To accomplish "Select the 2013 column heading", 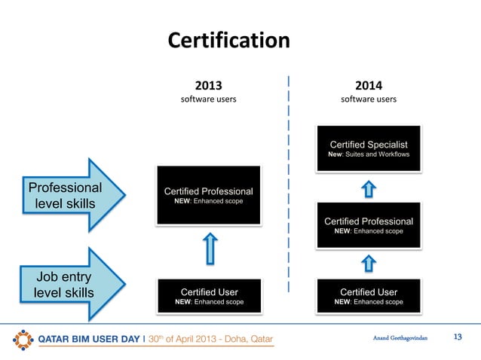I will (x=209, y=84).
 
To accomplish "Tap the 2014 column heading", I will (x=369, y=84).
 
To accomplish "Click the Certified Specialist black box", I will (x=369, y=148).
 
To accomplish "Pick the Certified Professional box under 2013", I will (x=208, y=195).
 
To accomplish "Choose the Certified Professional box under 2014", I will (x=369, y=225).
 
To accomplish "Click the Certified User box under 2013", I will (x=209, y=296).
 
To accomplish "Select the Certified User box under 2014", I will (x=369, y=296).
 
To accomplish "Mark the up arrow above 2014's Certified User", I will (x=369, y=263).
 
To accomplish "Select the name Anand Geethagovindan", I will (x=400, y=338).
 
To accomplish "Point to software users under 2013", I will (x=209, y=99).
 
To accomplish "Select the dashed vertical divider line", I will (x=288, y=181).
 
